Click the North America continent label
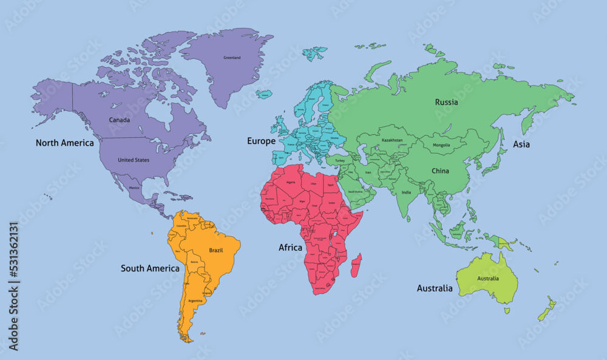[x=64, y=143]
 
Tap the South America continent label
[x=150, y=268]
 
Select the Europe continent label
[x=261, y=141]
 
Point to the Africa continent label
[x=290, y=248]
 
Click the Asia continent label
[x=521, y=144]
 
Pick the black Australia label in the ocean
[x=434, y=288]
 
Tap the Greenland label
[x=232, y=58]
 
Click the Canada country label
[x=119, y=120]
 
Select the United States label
[x=133, y=160]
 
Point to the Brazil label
[x=216, y=250]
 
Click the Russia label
[x=446, y=102]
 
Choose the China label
[x=440, y=171]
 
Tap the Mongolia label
[x=441, y=145]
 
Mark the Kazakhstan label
[x=392, y=140]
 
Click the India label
[x=406, y=193]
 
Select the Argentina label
[x=195, y=301]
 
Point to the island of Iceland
[x=265, y=94]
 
